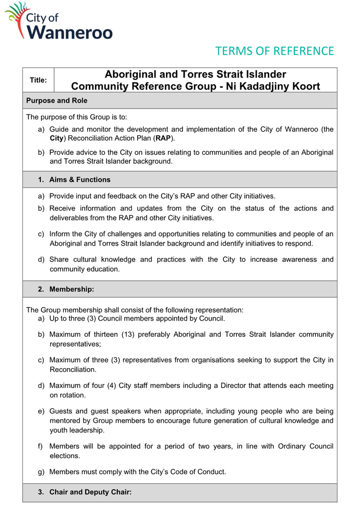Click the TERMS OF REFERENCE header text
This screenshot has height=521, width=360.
[x=274, y=51]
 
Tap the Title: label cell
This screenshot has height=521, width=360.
[x=38, y=80]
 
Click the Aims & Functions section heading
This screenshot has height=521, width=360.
[x=80, y=179]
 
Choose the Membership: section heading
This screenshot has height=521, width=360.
[x=71, y=289]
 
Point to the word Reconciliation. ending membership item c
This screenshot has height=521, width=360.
[x=72, y=370]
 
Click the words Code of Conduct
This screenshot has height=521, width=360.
[x=197, y=472]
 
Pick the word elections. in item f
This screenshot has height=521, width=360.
[x=64, y=456]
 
